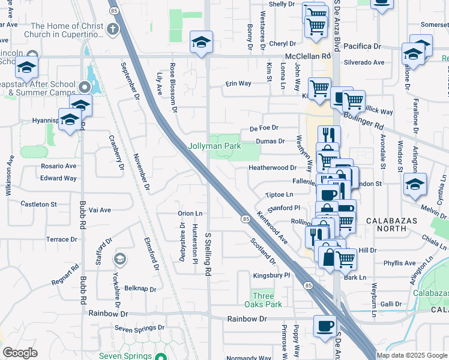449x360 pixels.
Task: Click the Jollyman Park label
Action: click(214, 146)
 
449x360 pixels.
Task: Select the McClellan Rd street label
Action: click(309, 56)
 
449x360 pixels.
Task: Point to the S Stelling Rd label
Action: click(208, 254)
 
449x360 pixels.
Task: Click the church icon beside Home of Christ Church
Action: click(112, 29)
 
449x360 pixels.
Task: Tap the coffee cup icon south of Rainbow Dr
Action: click(325, 327)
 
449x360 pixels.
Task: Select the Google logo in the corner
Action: click(20, 352)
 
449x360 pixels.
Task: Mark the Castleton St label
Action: click(38, 204)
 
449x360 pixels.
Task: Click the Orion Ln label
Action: click(190, 213)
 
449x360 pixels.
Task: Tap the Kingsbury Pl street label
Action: click(271, 275)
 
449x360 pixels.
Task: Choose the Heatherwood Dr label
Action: click(273, 168)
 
